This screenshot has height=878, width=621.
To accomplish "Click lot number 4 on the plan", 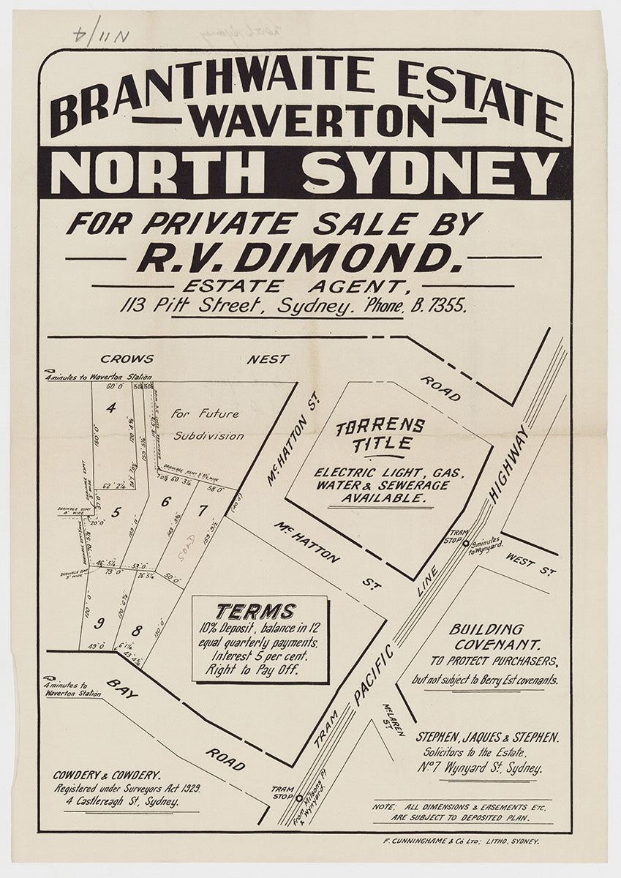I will point(111,408).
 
